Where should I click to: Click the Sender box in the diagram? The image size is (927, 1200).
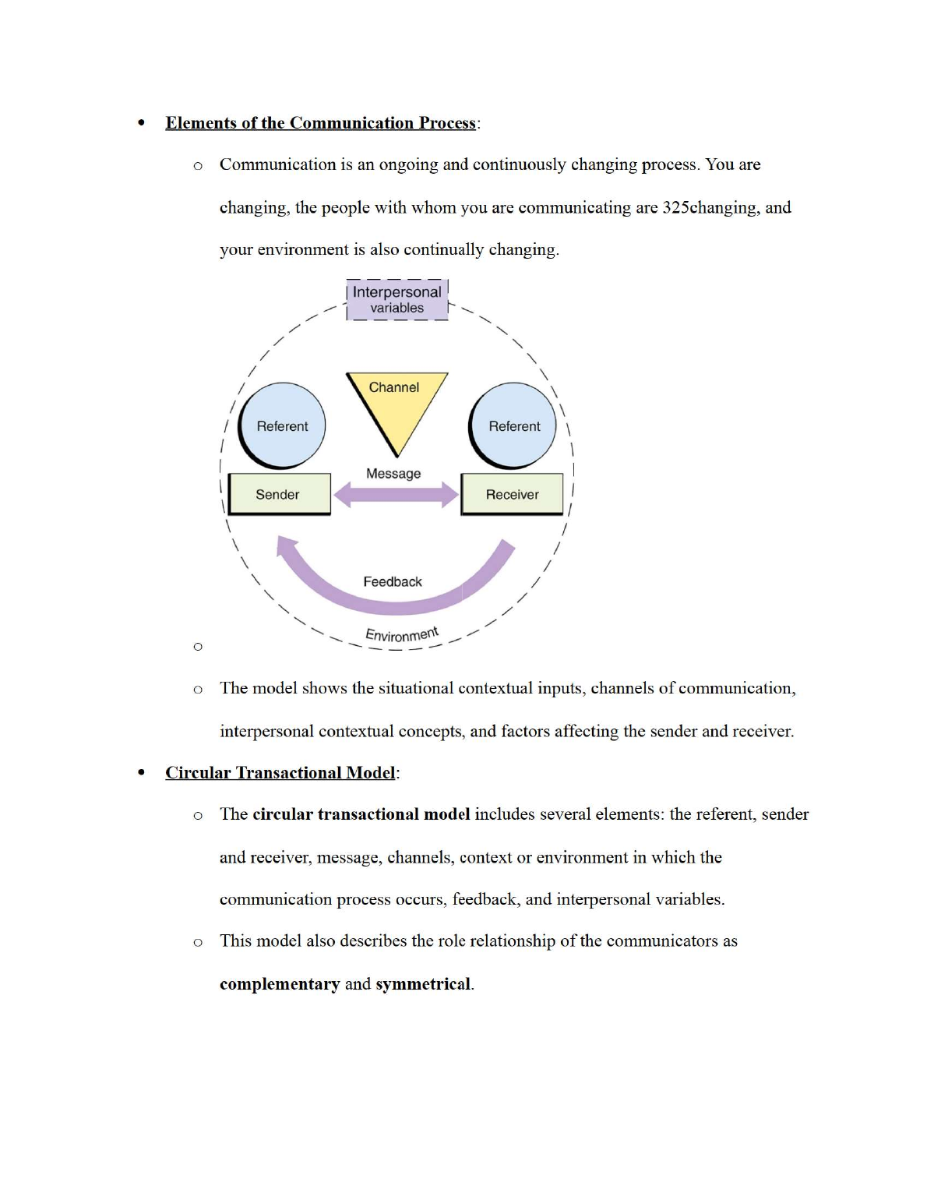pos(279,494)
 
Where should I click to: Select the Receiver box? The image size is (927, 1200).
pos(512,494)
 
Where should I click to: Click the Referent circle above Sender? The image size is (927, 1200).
pos(282,425)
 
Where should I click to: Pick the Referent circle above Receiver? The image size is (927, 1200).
pos(513,425)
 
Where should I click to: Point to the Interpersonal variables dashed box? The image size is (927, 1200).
pos(397,300)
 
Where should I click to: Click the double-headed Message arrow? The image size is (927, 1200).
pos(396,494)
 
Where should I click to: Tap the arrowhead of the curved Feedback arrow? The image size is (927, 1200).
pos(287,545)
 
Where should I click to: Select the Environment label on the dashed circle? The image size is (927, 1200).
pos(402,634)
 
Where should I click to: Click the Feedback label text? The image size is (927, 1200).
pos(393,582)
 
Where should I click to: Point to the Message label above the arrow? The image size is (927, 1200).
pos(393,473)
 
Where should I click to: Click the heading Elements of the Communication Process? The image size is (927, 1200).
pos(320,123)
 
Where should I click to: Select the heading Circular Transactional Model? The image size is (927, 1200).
pos(280,772)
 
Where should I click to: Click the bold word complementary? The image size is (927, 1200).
pos(280,983)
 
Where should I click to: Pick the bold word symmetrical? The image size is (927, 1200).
pos(423,983)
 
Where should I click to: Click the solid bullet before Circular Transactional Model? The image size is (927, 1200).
pos(141,772)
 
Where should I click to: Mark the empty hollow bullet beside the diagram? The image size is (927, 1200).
pos(198,646)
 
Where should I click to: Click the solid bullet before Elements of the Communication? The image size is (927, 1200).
pos(141,123)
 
